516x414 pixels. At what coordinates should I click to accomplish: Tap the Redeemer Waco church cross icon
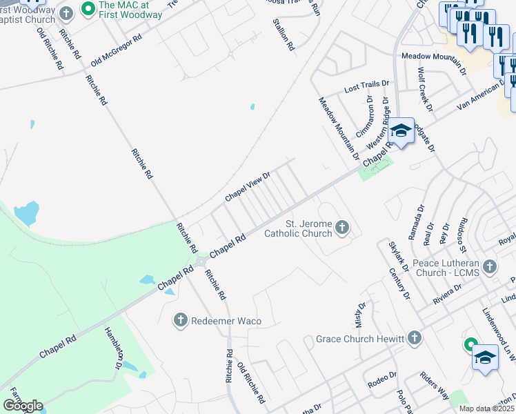coord(181,319)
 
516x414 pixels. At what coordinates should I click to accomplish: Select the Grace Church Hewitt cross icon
coord(414,338)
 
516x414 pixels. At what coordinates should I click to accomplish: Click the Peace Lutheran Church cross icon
coord(490,266)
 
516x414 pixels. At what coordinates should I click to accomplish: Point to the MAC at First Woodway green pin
coord(88,10)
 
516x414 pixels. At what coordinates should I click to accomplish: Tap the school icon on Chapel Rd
coord(400,130)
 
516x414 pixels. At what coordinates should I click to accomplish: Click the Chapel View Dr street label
coord(247,188)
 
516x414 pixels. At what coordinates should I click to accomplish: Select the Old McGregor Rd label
coord(116,48)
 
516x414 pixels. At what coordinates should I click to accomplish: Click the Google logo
coord(23,405)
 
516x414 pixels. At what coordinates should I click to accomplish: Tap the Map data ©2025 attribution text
coord(486,408)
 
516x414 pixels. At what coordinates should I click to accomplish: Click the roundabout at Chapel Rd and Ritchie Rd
coord(201,262)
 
